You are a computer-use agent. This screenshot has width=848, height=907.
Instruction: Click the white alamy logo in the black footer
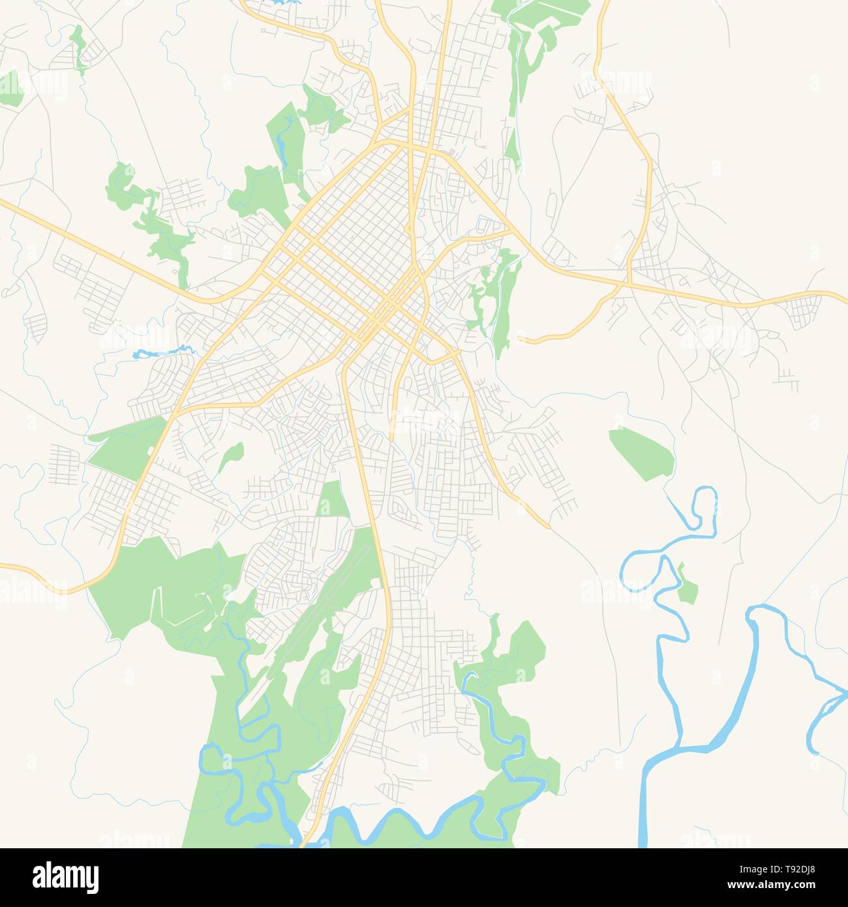[66, 876]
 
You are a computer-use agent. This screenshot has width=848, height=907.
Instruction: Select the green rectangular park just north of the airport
[333, 500]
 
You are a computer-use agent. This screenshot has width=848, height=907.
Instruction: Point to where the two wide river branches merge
[678, 747]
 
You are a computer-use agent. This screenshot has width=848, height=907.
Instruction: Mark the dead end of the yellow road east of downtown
[520, 339]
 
